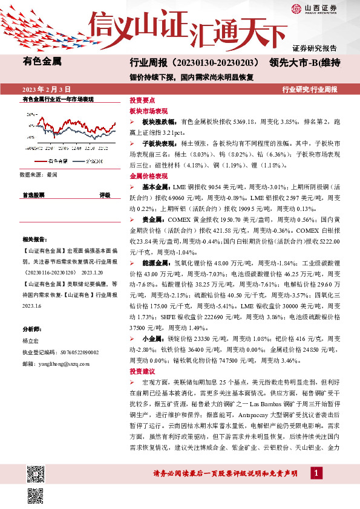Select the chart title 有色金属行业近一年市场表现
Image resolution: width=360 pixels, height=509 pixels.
pyautogui.click(x=57, y=98)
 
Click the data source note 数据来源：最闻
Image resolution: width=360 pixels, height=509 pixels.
pyautogui.click(x=38, y=174)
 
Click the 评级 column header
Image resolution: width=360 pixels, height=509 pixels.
pyautogui.click(x=105, y=195)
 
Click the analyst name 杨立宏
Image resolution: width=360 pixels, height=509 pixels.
pyautogui.click(x=30, y=340)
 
